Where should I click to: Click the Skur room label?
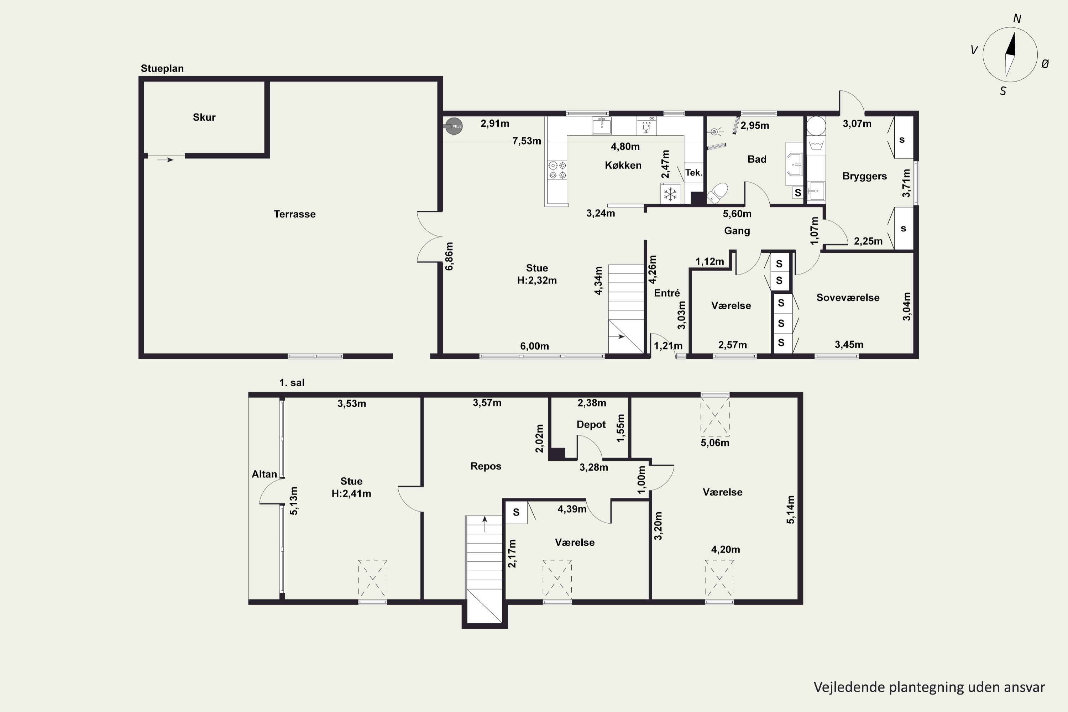coord(204,117)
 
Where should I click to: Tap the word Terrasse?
coord(295,214)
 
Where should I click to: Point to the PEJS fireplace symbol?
coord(453,126)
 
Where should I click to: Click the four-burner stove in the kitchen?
coord(557,170)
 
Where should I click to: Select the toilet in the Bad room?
coord(717,193)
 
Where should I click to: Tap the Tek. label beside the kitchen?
coord(694,173)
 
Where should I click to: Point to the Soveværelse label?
coord(848,297)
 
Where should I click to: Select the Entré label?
coord(666,293)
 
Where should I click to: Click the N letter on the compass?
coord(1017,19)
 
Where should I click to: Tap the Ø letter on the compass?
coord(1045,64)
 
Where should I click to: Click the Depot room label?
coord(591,425)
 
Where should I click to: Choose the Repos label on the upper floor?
coord(486,466)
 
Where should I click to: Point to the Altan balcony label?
coord(264,474)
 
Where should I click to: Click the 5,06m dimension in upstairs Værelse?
coord(715,443)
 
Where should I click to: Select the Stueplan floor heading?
coord(162,69)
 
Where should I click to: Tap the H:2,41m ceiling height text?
coord(351,493)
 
